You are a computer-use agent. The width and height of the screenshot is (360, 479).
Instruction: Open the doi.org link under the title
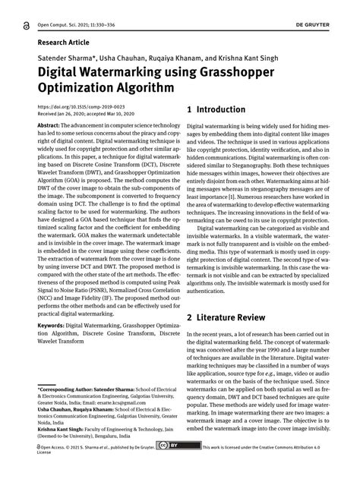(x=74, y=109)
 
